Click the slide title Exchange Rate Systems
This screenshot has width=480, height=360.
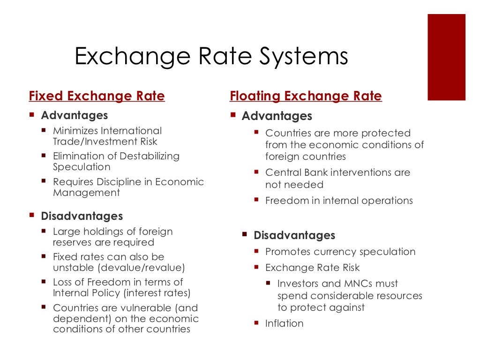click(211, 57)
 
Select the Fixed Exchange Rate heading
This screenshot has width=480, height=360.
click(97, 97)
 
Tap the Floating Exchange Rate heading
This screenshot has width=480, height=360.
click(306, 97)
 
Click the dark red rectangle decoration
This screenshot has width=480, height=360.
click(446, 57)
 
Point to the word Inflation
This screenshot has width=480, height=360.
click(284, 323)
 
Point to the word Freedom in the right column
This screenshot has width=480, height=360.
click(285, 201)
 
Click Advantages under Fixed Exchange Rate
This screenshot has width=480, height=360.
click(74, 115)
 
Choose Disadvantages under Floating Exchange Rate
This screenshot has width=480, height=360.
click(294, 235)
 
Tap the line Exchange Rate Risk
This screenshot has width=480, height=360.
click(312, 268)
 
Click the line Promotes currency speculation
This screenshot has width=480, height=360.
click(340, 252)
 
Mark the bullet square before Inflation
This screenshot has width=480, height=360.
click(256, 322)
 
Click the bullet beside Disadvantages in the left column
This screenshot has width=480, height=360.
click(32, 215)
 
